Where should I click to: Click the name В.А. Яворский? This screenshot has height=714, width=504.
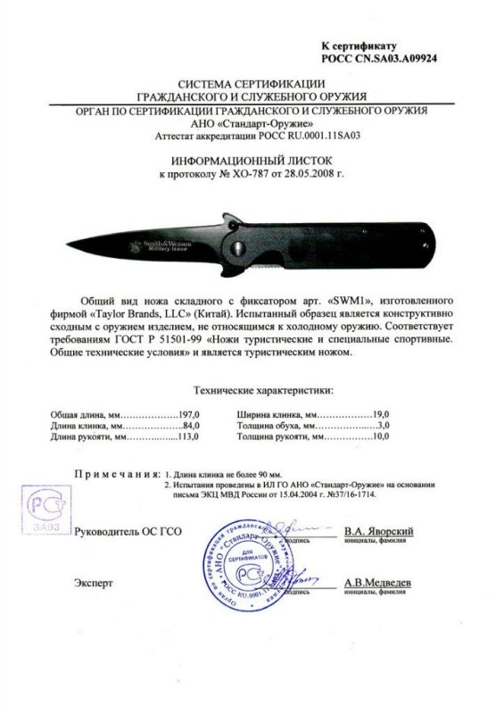[x=378, y=529]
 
